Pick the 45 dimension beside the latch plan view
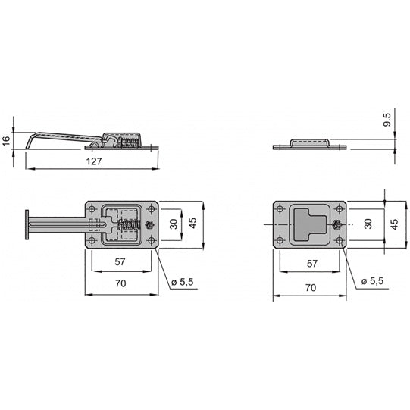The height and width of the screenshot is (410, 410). pos(195,224)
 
